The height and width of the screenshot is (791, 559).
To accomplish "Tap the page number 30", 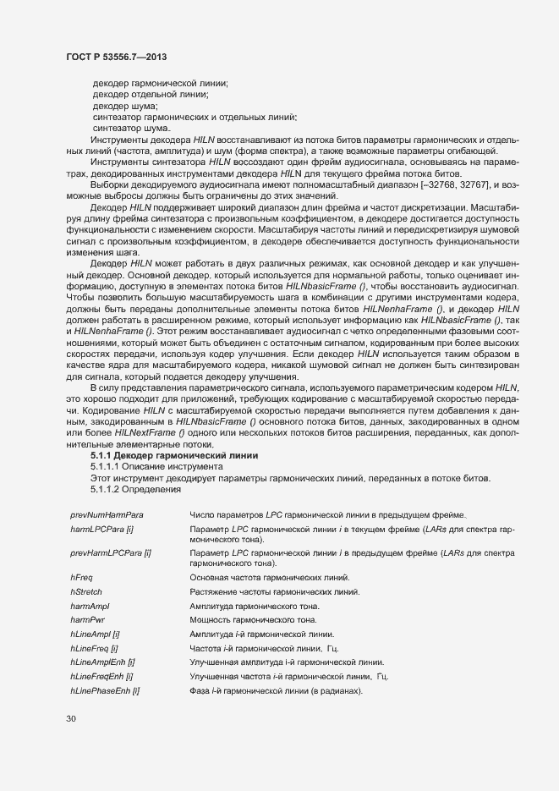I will (70, 719).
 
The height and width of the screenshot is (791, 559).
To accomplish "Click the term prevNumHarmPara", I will (107, 514).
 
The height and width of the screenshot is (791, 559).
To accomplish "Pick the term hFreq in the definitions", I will (81, 577).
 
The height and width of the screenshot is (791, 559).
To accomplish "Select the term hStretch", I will (86, 591).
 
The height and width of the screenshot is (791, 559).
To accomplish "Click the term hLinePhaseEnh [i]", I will (105, 692).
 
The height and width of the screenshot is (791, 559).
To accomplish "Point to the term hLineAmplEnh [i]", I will (102, 663).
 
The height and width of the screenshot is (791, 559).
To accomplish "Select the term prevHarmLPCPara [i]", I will (110, 552).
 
